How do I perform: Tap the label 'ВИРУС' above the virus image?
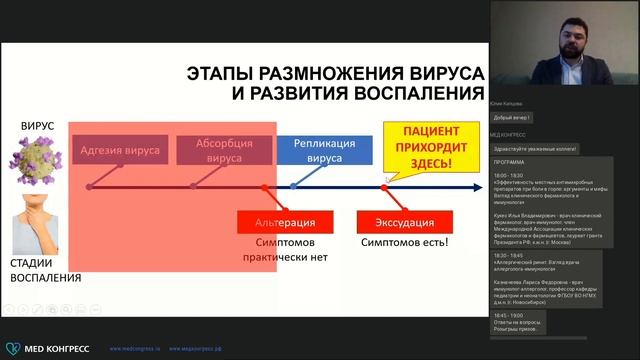point(38,126)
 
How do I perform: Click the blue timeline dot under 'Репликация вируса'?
point(293,187)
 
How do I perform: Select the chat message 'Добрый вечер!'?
point(509,117)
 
